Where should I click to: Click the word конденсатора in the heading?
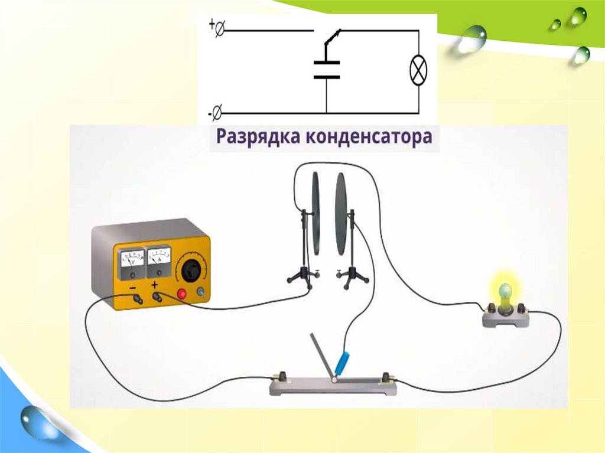[369, 138]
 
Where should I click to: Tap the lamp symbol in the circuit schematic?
[418, 71]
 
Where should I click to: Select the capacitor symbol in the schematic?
[326, 69]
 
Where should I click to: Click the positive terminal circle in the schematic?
[219, 27]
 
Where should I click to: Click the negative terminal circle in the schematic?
[217, 110]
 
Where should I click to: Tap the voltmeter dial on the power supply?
[131, 261]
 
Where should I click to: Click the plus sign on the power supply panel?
[155, 286]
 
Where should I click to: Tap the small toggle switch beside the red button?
[203, 292]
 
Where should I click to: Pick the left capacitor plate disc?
[316, 213]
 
